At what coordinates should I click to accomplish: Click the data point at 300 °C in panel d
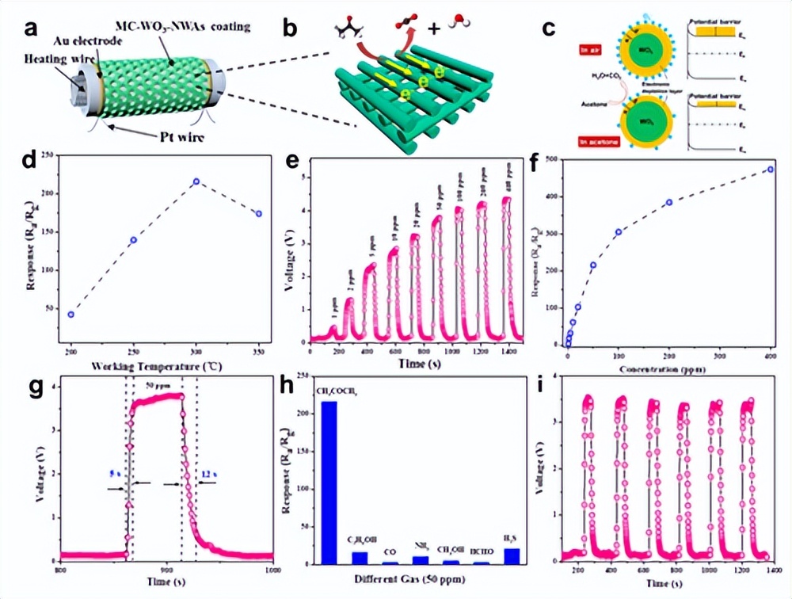(196, 181)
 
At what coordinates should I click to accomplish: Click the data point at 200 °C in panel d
(70, 315)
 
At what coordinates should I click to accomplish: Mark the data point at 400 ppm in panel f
(771, 169)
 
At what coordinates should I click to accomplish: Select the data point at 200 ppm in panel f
(668, 202)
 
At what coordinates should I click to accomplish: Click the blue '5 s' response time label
(115, 475)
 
